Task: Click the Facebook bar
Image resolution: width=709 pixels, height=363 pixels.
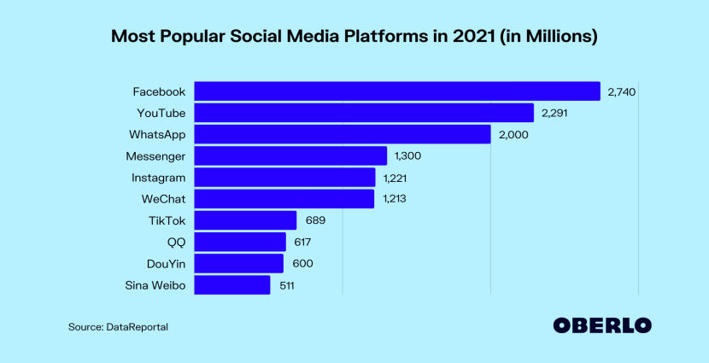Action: pos(397,91)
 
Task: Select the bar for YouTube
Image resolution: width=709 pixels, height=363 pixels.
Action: pos(364,113)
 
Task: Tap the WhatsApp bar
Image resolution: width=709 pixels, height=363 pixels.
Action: pos(343,134)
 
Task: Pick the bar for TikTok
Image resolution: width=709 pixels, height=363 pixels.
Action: pos(245,220)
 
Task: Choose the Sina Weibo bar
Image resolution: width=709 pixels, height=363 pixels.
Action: pos(232,285)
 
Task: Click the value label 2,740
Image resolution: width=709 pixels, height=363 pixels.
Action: pos(622,91)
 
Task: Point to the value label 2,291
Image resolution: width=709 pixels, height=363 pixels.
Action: pos(555,113)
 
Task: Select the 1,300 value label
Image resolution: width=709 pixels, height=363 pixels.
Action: pos(407,156)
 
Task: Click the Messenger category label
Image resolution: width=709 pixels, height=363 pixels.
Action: pos(155,156)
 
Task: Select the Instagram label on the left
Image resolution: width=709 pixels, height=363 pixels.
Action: pos(158,178)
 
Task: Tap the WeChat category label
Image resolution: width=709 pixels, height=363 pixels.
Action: pos(162,199)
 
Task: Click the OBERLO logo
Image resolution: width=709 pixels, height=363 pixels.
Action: pos(601,325)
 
